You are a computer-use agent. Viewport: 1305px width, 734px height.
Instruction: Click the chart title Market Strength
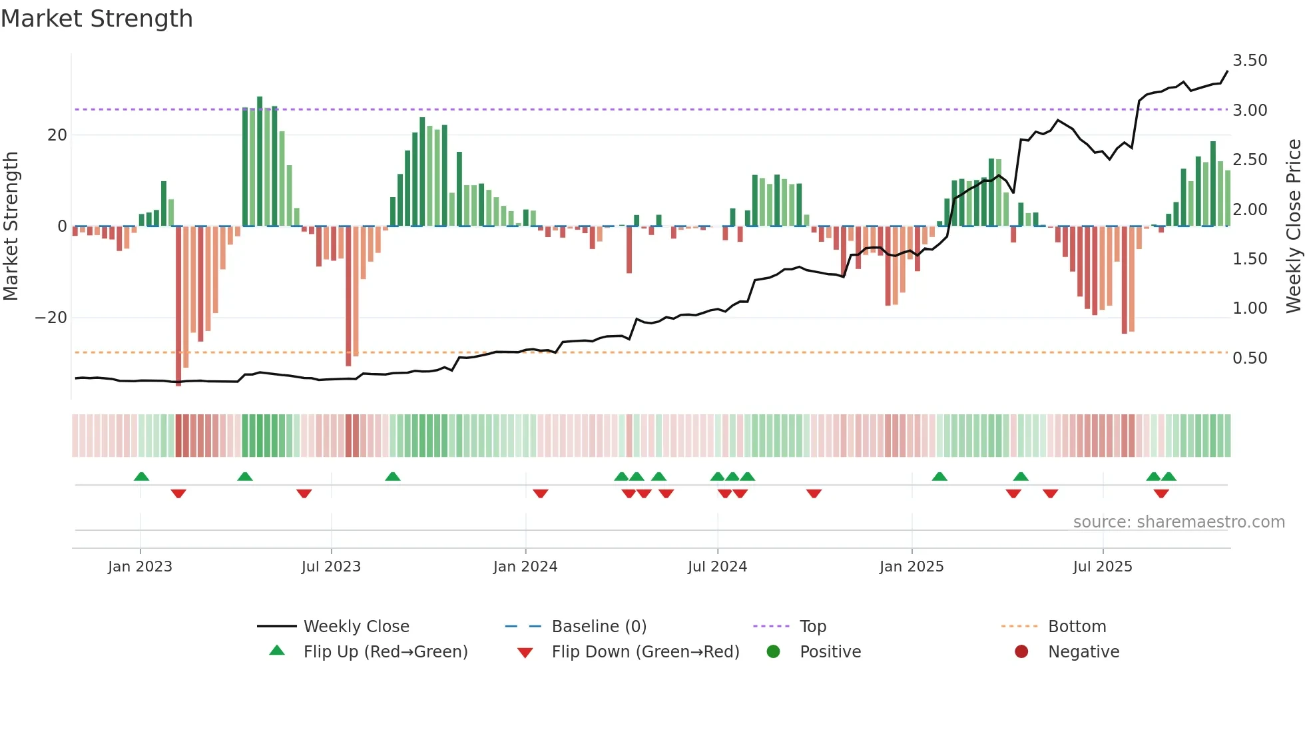click(97, 19)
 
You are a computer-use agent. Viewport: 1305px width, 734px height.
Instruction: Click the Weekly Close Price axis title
click(1293, 226)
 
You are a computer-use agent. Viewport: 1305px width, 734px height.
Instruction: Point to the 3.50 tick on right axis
click(1249, 61)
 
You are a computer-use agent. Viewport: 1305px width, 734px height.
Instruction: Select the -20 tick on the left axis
click(51, 318)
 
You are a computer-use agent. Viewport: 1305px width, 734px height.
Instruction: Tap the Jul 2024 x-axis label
click(717, 567)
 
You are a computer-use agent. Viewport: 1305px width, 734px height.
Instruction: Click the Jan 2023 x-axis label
click(140, 567)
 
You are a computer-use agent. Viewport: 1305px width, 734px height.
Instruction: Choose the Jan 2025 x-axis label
click(911, 567)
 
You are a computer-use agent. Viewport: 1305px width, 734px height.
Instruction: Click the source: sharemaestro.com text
click(1178, 522)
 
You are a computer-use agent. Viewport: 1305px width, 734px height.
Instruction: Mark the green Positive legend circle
click(773, 652)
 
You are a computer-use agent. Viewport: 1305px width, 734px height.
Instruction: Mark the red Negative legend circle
click(1021, 652)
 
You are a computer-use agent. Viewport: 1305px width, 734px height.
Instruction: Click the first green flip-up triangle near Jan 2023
click(141, 476)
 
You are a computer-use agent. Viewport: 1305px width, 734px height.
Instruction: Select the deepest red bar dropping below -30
click(178, 306)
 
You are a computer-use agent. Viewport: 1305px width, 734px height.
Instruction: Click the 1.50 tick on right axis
click(1249, 259)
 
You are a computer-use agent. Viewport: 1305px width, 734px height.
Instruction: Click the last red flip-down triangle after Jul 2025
click(1161, 494)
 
